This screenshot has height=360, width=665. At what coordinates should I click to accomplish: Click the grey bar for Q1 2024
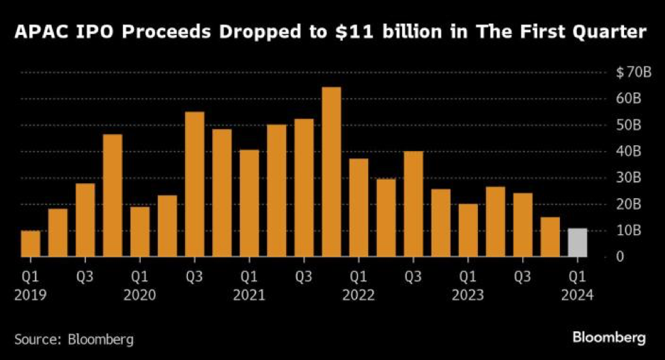coord(578,243)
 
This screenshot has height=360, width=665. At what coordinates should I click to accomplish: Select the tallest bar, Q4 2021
coord(331,172)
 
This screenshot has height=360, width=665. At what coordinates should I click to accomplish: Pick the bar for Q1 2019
coord(31,244)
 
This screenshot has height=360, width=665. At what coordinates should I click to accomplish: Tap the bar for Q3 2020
coord(195,184)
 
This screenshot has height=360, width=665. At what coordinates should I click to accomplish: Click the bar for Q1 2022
coord(358,208)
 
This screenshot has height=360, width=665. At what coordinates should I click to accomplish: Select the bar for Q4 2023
coord(550,237)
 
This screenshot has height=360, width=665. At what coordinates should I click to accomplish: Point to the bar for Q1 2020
coord(140,232)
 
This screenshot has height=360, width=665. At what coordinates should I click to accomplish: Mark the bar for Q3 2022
coord(413,204)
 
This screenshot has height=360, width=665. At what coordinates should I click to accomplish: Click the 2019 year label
coord(31,295)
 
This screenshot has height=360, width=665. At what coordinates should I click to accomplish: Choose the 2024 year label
coord(578,295)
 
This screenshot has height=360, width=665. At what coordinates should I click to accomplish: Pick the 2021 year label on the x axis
coord(249,295)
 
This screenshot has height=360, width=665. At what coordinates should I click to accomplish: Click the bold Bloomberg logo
coord(609,337)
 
